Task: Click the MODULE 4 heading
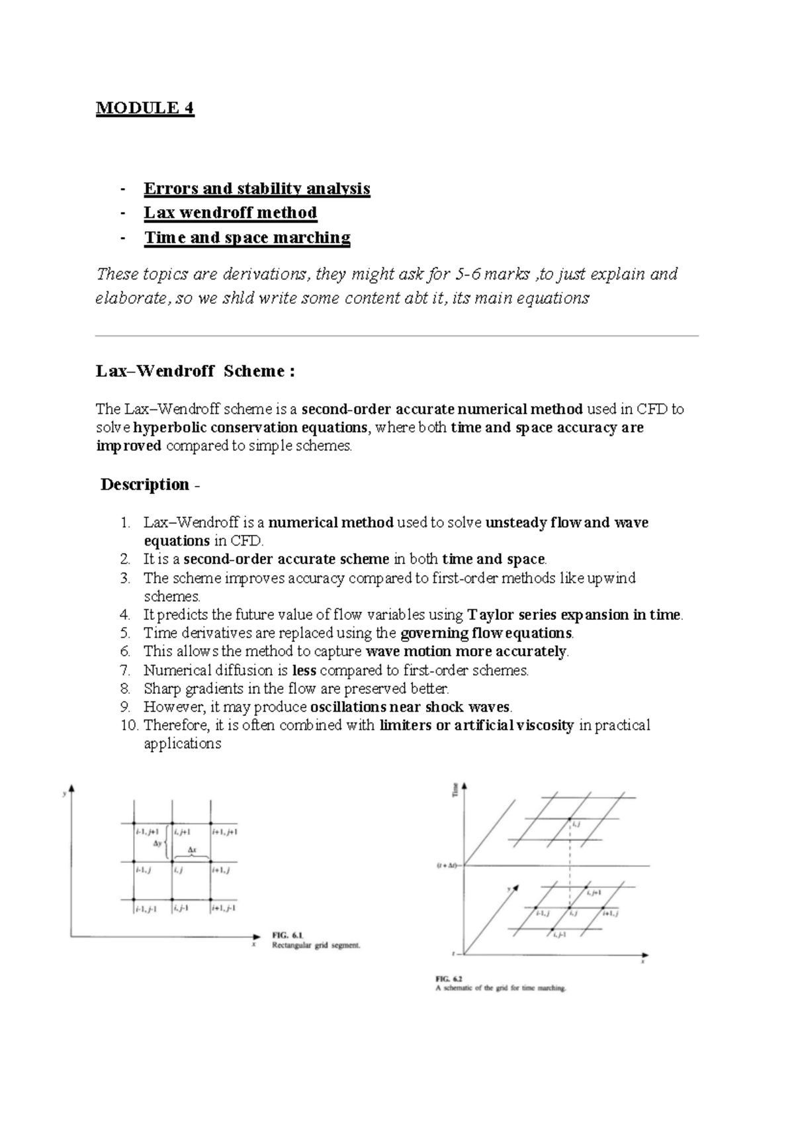click(x=145, y=108)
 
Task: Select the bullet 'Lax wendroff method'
click(x=230, y=213)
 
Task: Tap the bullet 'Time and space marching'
click(x=247, y=237)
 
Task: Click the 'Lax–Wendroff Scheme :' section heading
click(x=195, y=371)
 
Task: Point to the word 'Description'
click(x=145, y=485)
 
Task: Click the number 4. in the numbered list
click(x=126, y=614)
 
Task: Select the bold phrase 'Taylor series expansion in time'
click(x=574, y=614)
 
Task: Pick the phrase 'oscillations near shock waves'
click(x=410, y=707)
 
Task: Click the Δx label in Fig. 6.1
click(x=192, y=850)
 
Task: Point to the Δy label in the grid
click(x=157, y=844)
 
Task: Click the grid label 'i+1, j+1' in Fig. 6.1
click(x=225, y=832)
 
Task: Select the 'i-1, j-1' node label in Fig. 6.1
click(x=146, y=909)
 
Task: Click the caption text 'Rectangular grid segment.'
click(x=316, y=946)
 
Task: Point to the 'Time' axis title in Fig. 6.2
click(x=455, y=789)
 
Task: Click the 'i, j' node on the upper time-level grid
click(x=576, y=824)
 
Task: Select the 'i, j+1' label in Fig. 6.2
click(x=594, y=893)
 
